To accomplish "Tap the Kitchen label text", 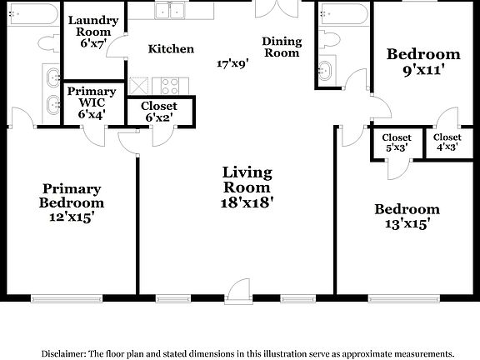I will [171, 49].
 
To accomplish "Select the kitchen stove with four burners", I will [170, 84].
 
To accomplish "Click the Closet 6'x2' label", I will [158, 112].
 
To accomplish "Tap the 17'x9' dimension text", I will [232, 63].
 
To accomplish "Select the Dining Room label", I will [281, 47].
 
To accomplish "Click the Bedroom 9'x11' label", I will [423, 62].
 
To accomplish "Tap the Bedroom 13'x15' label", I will [406, 216].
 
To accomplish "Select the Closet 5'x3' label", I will [397, 142].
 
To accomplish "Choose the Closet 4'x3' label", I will [447, 142].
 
